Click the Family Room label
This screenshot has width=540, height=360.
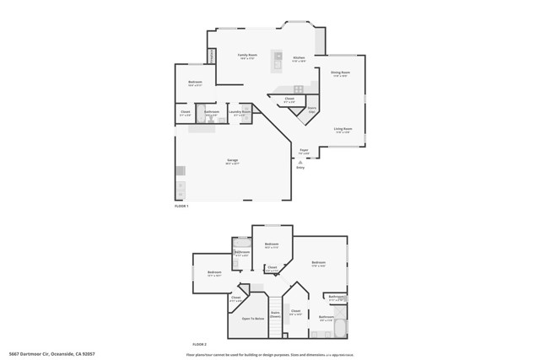click(x=247, y=56)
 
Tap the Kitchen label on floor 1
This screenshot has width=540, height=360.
click(x=299, y=59)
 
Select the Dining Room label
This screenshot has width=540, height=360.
click(x=340, y=74)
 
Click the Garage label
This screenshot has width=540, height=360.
click(x=232, y=161)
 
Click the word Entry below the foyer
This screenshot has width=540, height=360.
click(x=300, y=168)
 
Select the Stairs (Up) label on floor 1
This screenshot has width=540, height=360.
click(x=312, y=110)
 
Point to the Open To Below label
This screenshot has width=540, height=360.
click(x=253, y=319)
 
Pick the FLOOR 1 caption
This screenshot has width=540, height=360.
click(x=181, y=207)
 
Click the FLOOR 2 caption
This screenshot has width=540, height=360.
click(x=199, y=345)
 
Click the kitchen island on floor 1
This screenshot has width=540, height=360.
click(x=277, y=60)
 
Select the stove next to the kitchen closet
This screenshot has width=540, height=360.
click(x=299, y=89)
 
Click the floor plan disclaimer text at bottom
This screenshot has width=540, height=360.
click(x=270, y=355)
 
